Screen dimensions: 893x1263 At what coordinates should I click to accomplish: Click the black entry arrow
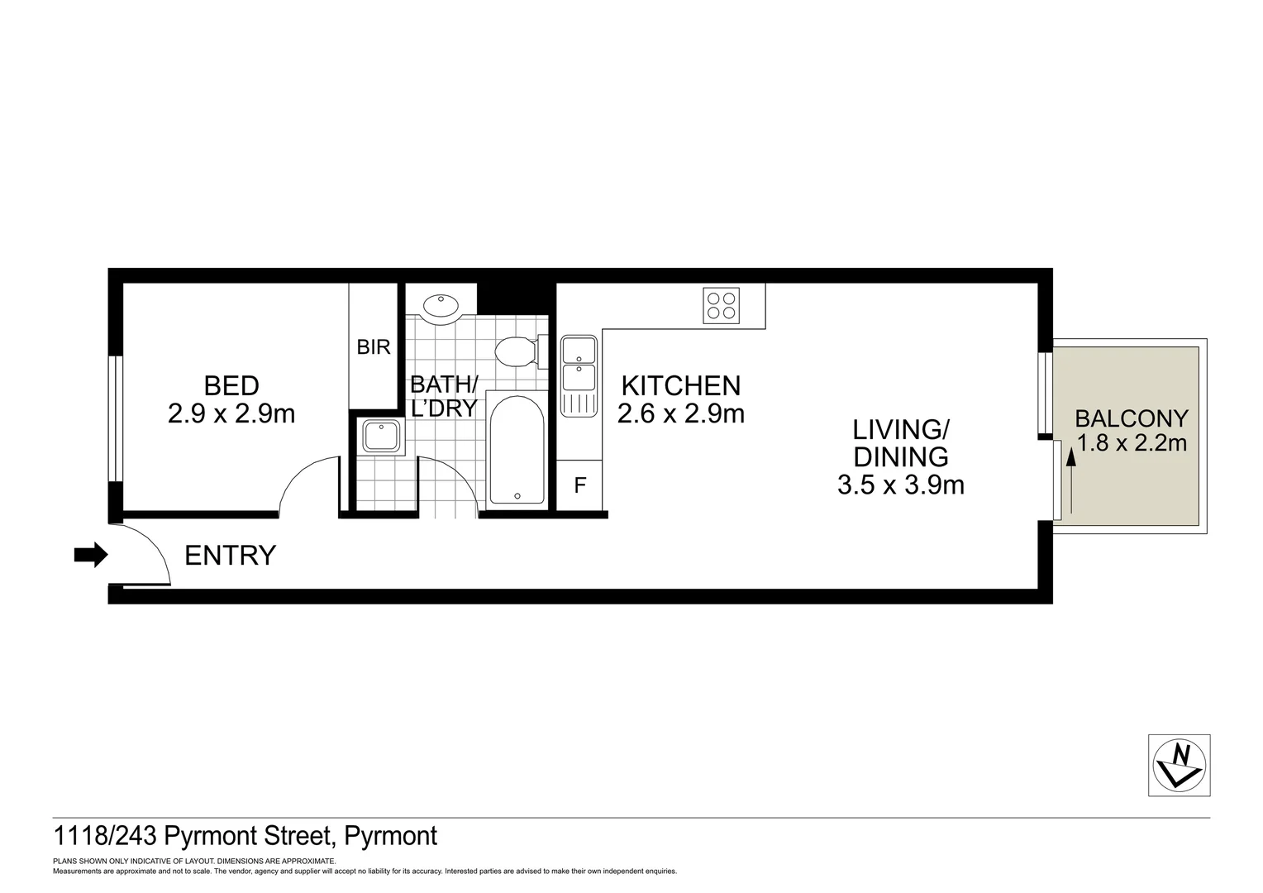[91, 555]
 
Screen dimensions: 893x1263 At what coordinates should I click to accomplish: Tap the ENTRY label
[230, 556]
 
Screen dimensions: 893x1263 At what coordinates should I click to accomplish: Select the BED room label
[231, 385]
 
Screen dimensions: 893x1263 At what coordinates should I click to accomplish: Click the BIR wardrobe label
[374, 347]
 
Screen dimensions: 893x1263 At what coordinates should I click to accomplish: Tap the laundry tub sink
[382, 436]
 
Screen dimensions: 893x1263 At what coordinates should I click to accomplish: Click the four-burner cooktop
[722, 304]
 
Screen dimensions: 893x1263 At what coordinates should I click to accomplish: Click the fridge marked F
[579, 485]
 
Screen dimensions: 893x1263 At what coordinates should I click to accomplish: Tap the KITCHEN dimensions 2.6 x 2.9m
[681, 413]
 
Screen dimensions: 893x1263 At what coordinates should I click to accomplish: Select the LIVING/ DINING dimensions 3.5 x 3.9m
[901, 485]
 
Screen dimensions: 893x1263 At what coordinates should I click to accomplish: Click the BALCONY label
[1132, 418]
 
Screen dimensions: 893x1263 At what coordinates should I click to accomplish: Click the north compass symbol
[1180, 765]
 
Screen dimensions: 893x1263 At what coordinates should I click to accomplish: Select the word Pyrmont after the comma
[390, 836]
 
